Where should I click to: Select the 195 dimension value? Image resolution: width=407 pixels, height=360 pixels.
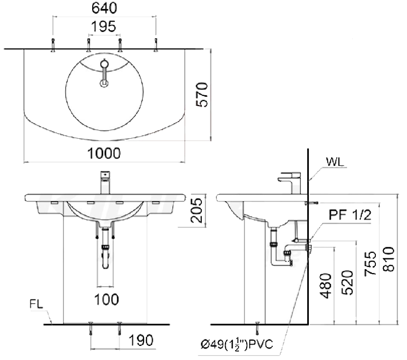(x=104, y=27)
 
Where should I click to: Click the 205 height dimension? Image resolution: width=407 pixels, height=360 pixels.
(x=196, y=210)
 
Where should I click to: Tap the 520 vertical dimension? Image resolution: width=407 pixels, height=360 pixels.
(x=348, y=282)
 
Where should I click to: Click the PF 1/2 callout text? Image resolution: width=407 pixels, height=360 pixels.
(x=350, y=215)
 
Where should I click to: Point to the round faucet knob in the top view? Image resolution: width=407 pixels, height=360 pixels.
(x=104, y=64)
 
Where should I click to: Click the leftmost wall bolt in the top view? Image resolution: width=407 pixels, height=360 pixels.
(x=53, y=44)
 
